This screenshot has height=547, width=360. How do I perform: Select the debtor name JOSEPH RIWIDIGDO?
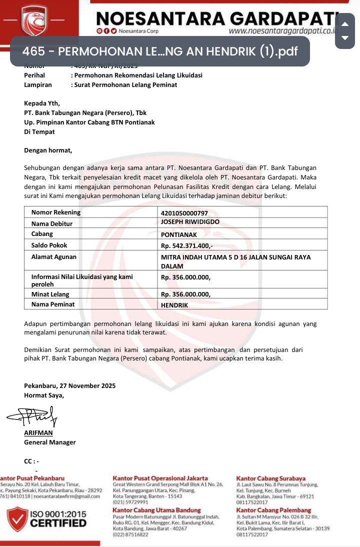pyautogui.click(x=190, y=222)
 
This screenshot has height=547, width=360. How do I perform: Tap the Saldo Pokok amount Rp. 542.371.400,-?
pyautogui.click(x=186, y=245)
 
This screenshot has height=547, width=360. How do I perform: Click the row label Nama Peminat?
pyautogui.click(x=53, y=304)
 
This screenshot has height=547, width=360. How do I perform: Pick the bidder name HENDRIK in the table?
pyautogui.click(x=174, y=304)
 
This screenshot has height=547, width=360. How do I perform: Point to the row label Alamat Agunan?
pyautogui.click(x=54, y=257)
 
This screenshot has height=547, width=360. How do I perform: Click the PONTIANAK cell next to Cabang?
pyautogui.click(x=179, y=234)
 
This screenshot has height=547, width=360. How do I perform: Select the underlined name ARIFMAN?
pyautogui.click(x=38, y=433)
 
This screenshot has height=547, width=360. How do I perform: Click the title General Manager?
pyautogui.click(x=50, y=442)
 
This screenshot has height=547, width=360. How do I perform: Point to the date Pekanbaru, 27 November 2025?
pyautogui.click(x=70, y=385)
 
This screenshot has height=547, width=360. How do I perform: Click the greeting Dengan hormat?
pyautogui.click(x=48, y=150)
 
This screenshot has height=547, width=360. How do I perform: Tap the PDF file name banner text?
pyautogui.click(x=160, y=51)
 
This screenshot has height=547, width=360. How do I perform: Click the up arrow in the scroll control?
pyautogui.click(x=344, y=24)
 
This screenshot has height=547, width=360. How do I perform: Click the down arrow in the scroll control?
pyautogui.click(x=344, y=37)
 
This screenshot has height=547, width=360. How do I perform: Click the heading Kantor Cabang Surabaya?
pyautogui.click(x=270, y=478)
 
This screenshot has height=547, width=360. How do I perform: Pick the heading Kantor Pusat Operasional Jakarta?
pyautogui.click(x=160, y=478)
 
